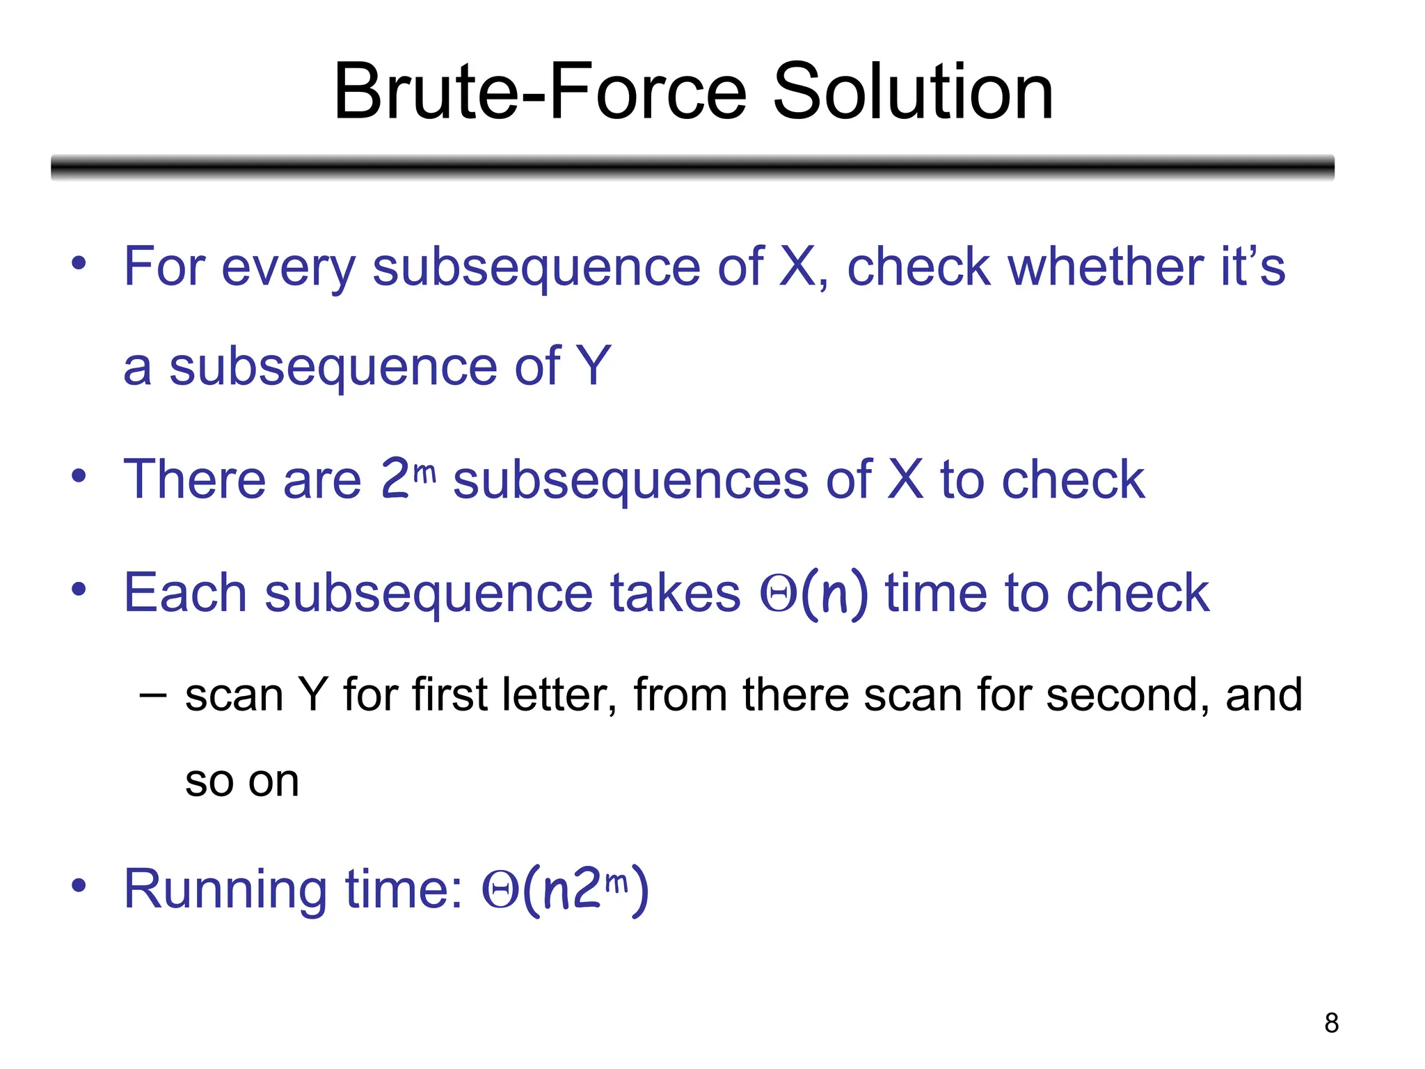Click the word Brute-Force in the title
click(x=540, y=92)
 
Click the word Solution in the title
click(x=913, y=92)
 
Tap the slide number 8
click(x=1331, y=1023)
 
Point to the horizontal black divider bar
click(x=692, y=168)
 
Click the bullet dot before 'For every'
click(x=79, y=264)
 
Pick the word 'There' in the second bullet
click(x=194, y=480)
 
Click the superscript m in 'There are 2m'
click(x=424, y=473)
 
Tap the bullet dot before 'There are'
click(x=79, y=477)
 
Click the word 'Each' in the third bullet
click(x=185, y=593)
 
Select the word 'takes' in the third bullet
click(x=675, y=593)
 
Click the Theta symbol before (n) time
click(x=778, y=594)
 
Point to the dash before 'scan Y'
click(x=152, y=695)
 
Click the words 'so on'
click(x=242, y=781)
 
